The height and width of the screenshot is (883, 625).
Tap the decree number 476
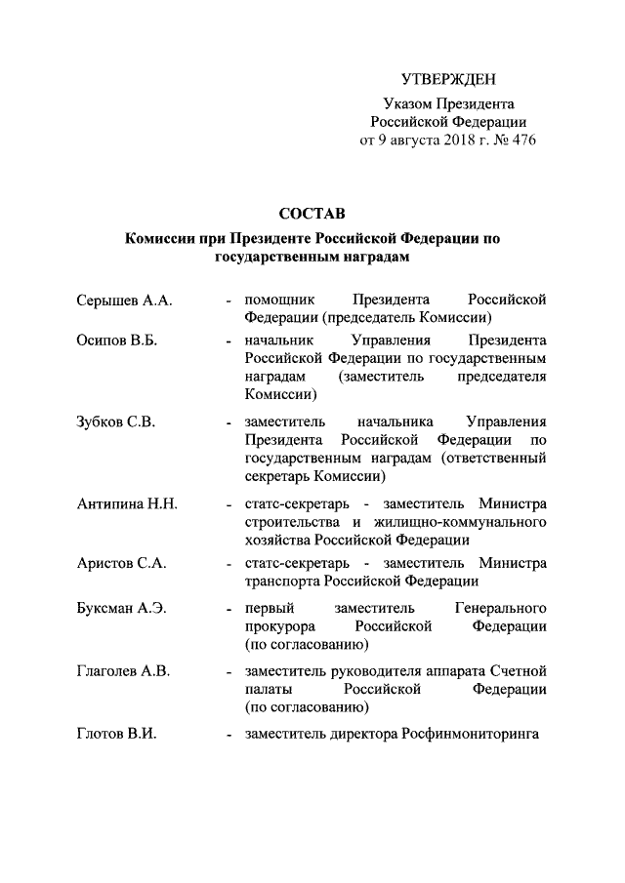pyautogui.click(x=523, y=140)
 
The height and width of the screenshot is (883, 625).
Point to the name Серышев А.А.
pyautogui.click(x=124, y=300)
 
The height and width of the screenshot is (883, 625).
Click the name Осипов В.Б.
pyautogui.click(x=117, y=341)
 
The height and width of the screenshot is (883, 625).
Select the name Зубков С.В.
pyautogui.click(x=114, y=422)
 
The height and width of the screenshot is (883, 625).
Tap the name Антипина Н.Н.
pyautogui.click(x=125, y=504)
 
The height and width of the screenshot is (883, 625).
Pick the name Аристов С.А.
pyautogui.click(x=121, y=564)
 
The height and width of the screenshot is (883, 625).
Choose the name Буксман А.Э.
pyautogui.click(x=121, y=608)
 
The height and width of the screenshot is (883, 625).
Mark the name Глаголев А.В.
pyautogui.click(x=123, y=670)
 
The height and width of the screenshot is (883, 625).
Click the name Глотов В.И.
pyautogui.click(x=115, y=733)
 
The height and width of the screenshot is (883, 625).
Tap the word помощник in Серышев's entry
pyautogui.click(x=278, y=300)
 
